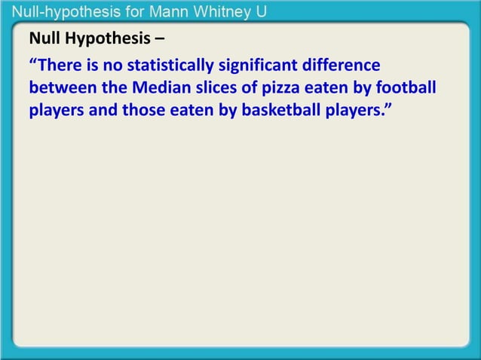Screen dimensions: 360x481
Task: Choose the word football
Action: click(x=408, y=88)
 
